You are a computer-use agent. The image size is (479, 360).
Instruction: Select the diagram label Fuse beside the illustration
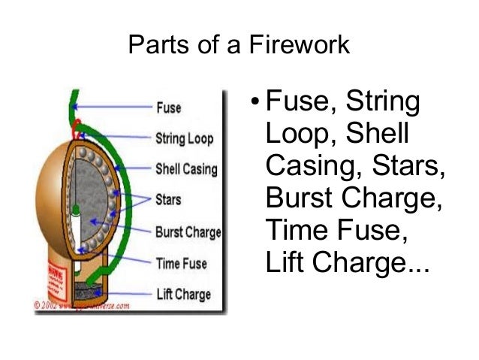[x=168, y=107]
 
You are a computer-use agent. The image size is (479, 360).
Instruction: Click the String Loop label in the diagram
[x=184, y=138]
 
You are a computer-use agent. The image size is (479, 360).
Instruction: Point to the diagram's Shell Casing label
[x=186, y=169]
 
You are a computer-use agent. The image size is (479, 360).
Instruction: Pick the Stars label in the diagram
[x=169, y=201]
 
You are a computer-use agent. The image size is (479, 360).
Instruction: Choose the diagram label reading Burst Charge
[x=188, y=232]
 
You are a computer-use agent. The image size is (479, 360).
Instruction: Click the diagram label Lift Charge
[x=182, y=295]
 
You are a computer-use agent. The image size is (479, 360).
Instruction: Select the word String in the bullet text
[x=381, y=101]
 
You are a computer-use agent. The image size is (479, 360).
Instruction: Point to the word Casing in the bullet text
[x=310, y=166]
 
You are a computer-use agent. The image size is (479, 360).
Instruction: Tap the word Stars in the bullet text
[x=403, y=166]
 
